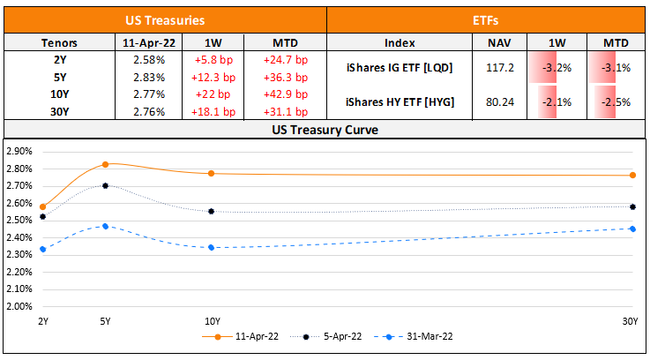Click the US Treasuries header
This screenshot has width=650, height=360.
(x=165, y=19)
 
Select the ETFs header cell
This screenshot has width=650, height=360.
(x=488, y=19)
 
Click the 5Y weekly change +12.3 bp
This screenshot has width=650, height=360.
(x=212, y=78)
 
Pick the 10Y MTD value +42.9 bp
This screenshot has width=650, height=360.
(x=285, y=94)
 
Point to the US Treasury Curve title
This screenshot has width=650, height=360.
(x=325, y=130)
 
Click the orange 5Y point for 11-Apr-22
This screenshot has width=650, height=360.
(x=106, y=164)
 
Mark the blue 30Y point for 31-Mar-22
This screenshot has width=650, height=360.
(x=633, y=229)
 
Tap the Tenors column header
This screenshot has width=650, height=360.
(x=59, y=42)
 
